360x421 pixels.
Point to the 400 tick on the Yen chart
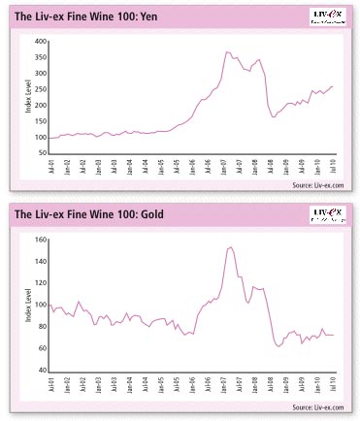coord(39,43)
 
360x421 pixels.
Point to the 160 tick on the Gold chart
coord(39,239)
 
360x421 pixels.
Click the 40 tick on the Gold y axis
coord(41,371)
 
